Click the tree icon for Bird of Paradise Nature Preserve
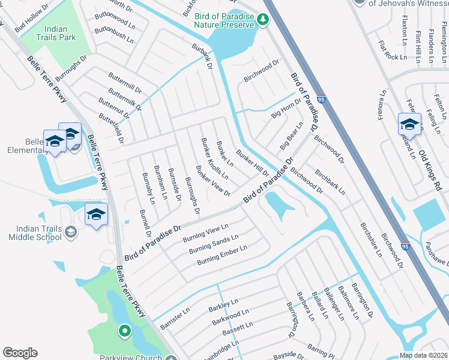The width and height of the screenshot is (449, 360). pos(262,20)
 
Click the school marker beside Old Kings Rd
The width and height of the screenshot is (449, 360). pos(409,124)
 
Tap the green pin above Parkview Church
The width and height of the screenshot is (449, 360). pos(124,330)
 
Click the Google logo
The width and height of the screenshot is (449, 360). pos(20,353)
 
